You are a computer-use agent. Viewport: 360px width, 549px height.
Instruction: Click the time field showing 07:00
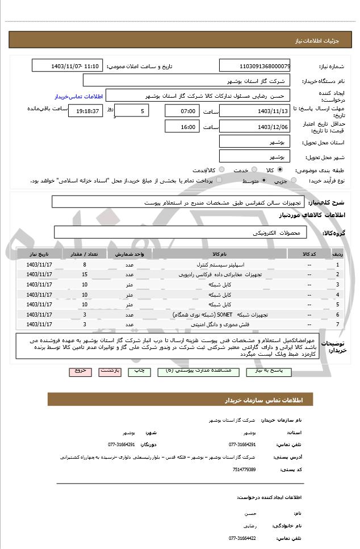[x=182, y=111]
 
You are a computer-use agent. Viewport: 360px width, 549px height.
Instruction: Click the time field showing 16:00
[x=182, y=127]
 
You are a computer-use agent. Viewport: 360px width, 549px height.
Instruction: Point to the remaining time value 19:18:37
[x=86, y=111]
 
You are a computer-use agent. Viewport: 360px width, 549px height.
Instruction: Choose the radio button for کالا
[x=279, y=170]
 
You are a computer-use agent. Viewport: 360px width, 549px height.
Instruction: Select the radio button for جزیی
[x=294, y=181]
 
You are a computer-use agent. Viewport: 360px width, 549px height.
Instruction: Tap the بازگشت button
[x=110, y=371]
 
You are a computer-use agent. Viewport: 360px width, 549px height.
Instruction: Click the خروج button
[x=80, y=371]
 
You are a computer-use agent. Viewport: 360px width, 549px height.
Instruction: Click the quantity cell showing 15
[x=85, y=274]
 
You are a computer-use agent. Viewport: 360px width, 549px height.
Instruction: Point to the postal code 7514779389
[x=244, y=469]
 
